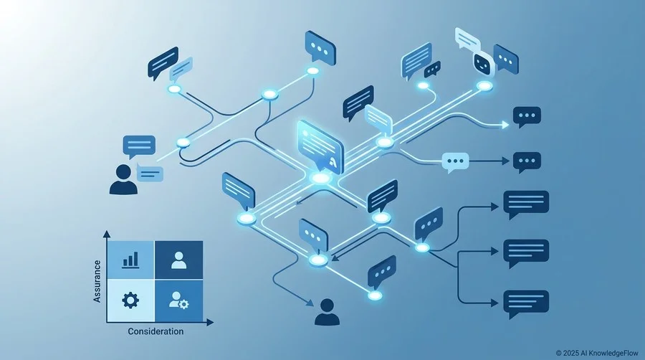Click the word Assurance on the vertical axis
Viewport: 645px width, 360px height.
97,281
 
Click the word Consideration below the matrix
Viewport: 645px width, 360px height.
156,331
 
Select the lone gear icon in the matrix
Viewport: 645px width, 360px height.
130,300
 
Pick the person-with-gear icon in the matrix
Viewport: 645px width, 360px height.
178,300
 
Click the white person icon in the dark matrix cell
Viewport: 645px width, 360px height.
178,260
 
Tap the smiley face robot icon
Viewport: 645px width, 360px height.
482,64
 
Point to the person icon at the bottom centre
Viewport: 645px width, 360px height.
327,312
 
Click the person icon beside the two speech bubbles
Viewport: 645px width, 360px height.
123,179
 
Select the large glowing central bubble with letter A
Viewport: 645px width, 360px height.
320,146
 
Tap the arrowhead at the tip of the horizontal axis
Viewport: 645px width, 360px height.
210,322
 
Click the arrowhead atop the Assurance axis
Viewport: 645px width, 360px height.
107,234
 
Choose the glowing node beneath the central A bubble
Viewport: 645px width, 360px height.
321,179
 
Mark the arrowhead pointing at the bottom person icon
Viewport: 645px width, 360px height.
310,303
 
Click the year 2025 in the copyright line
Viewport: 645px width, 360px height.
571,353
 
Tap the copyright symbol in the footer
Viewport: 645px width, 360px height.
558,353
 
